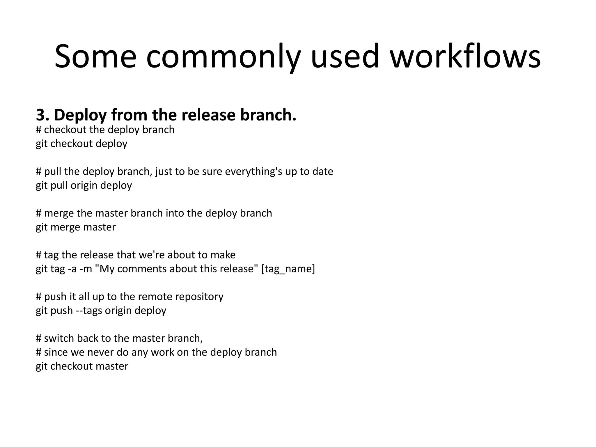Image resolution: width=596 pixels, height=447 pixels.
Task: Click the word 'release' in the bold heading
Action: click(x=208, y=115)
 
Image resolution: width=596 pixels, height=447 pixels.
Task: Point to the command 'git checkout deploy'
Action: click(x=81, y=144)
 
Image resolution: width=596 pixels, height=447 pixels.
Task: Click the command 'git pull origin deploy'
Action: click(x=84, y=185)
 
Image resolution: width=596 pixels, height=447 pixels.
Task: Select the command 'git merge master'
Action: click(x=76, y=227)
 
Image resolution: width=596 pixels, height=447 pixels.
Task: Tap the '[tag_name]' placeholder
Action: click(x=288, y=269)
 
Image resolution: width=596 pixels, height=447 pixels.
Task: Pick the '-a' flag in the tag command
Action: click(x=72, y=269)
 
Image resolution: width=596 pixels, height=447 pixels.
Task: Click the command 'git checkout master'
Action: click(x=82, y=366)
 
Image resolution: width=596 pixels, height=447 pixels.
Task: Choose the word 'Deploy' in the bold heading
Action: click(x=80, y=115)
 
